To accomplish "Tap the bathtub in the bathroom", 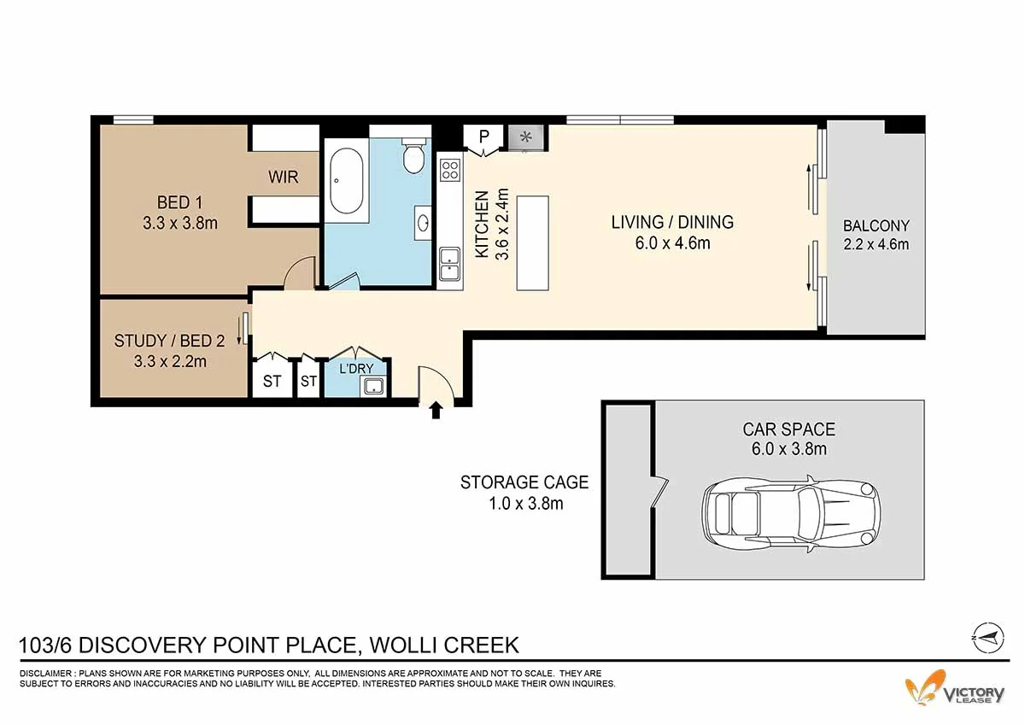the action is tap(347, 181).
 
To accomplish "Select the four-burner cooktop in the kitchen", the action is tap(450, 170).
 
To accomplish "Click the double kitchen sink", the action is tap(450, 264).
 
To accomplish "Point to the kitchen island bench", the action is tap(533, 242).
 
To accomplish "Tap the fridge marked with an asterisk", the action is tap(526, 137).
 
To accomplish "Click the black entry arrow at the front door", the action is tap(436, 410).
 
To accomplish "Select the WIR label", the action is tap(284, 177).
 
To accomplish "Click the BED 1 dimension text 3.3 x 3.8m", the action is tap(180, 223).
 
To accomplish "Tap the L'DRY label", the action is tap(356, 368).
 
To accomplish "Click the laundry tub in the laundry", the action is tap(373, 387).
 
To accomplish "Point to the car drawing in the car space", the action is tap(791, 514).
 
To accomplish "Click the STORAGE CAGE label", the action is tap(524, 482).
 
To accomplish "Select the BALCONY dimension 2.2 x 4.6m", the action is tap(876, 244).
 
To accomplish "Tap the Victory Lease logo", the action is tap(955, 691).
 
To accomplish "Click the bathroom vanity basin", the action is tap(422, 223).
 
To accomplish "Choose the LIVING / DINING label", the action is tap(672, 222).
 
